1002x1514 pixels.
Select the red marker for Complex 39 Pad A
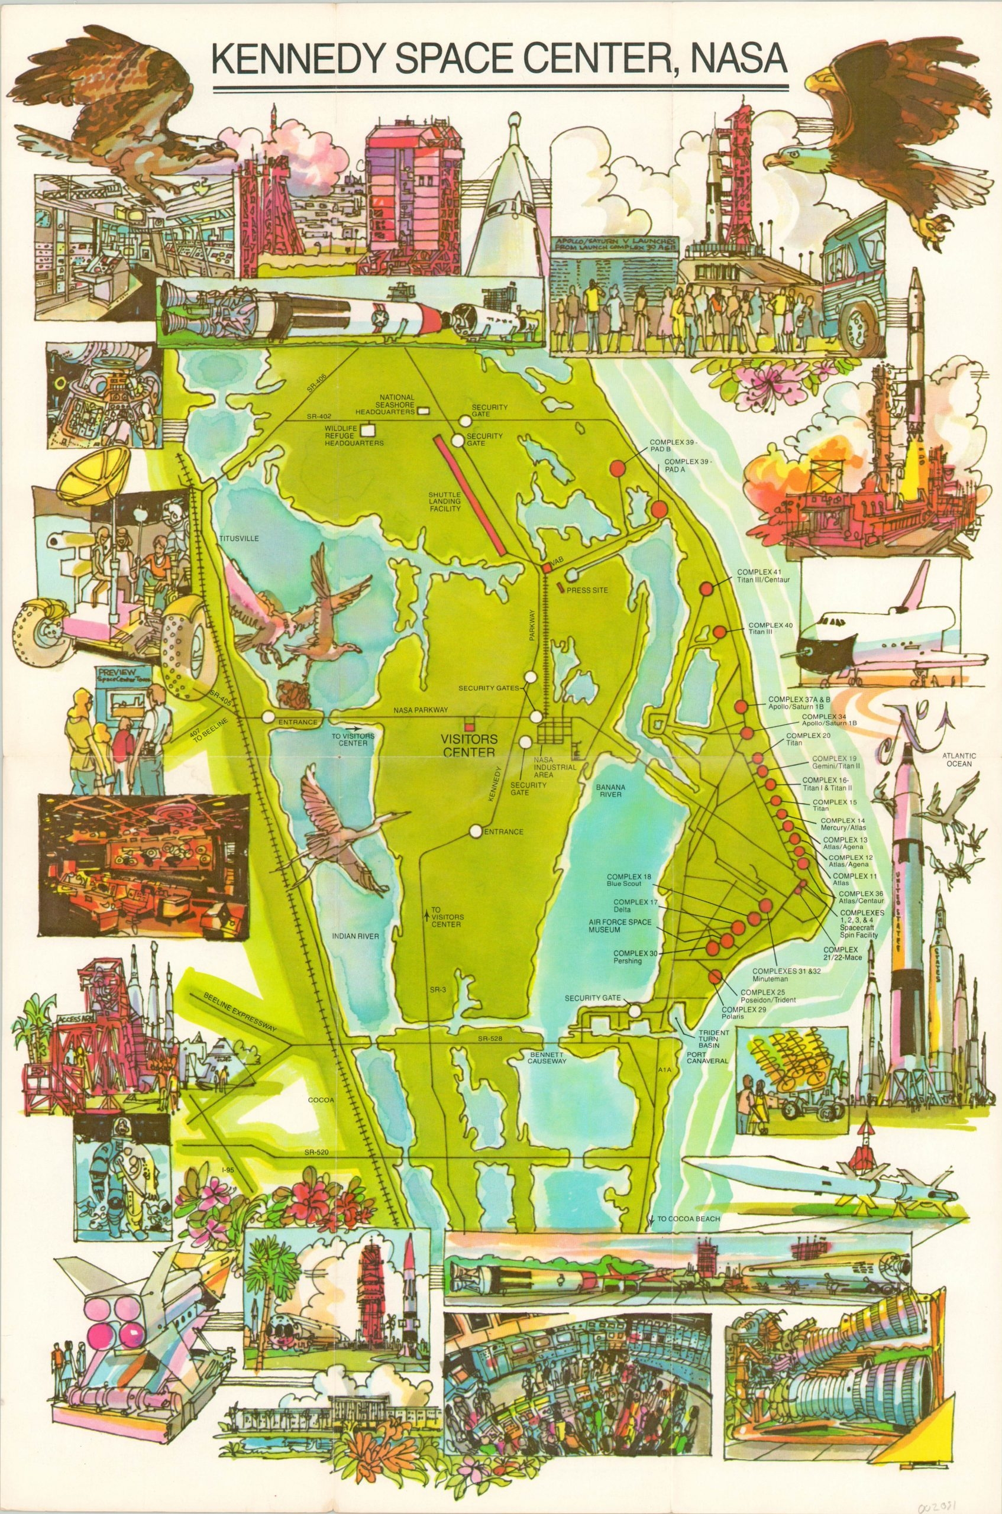point(660,509)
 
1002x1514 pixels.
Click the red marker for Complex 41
point(706,589)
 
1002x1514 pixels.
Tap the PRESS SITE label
point(586,590)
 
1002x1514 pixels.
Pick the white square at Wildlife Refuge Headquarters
point(368,430)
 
